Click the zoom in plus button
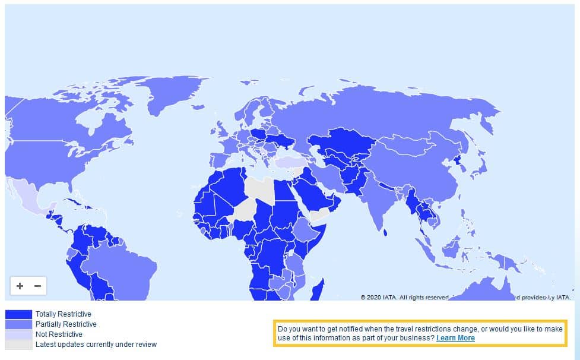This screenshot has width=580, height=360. pos(20,286)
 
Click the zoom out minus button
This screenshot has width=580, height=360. pos(37,286)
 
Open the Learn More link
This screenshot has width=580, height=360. pos(455,338)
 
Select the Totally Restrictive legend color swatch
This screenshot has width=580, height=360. pos(18,314)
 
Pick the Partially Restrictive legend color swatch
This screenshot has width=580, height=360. pos(18,324)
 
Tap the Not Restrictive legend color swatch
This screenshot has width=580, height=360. pos(18,334)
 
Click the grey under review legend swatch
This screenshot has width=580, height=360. pos(18,345)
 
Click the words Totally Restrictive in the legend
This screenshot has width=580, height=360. pos(64,314)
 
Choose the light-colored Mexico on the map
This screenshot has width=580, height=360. pos(30,196)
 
